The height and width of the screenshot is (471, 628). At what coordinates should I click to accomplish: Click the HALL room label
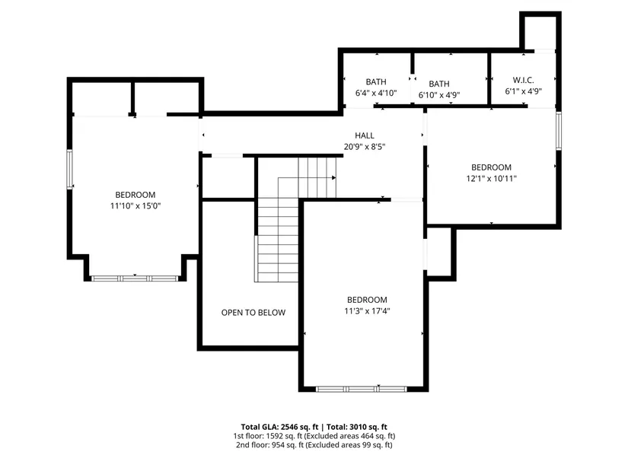[365, 135]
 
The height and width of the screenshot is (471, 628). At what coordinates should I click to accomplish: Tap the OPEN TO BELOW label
[253, 313]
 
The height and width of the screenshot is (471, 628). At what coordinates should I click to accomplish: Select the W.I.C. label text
[523, 80]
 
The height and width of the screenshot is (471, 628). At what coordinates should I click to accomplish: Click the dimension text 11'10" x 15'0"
[135, 206]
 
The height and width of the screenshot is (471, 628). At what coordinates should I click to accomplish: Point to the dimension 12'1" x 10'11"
[492, 179]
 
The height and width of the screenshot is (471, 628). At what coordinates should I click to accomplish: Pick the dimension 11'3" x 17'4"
[367, 310]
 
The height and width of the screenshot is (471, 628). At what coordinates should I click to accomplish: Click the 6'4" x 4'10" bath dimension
[376, 94]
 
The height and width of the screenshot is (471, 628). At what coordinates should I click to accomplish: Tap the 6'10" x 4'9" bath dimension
[439, 95]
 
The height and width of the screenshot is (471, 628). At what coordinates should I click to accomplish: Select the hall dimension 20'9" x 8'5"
[365, 147]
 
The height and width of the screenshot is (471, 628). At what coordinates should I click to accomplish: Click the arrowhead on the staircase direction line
[333, 177]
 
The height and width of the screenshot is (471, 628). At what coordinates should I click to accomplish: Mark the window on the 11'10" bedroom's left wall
[70, 169]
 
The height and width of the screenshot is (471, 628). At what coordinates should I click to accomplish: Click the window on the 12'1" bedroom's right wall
[559, 131]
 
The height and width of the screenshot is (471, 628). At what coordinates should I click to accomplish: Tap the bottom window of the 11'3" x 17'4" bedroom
[362, 389]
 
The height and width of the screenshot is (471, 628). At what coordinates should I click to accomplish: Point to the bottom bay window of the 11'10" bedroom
[135, 278]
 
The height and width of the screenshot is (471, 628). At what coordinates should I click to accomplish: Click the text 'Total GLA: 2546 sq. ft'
[279, 427]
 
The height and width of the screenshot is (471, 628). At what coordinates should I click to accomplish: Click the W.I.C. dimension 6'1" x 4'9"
[524, 91]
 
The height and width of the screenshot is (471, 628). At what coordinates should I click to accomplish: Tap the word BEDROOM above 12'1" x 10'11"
[492, 167]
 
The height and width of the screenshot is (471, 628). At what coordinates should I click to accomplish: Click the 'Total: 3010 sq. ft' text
[357, 427]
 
